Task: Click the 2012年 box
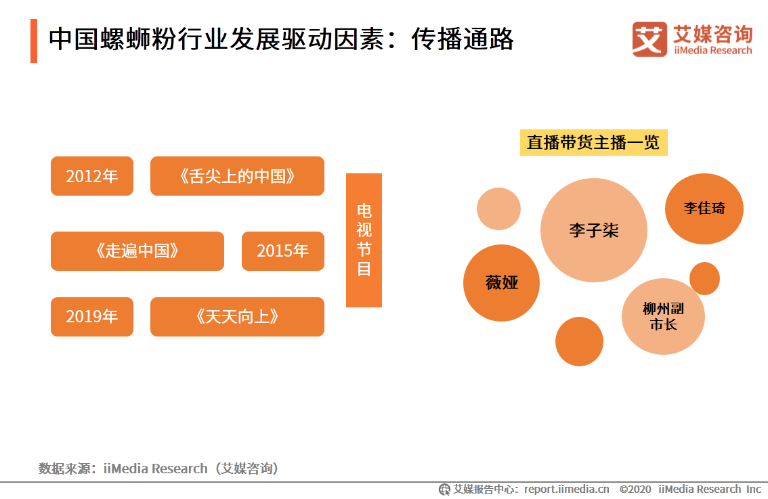92,176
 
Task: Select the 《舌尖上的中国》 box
237,176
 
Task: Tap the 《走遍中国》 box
137,251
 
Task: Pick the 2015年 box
282,251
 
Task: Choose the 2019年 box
92,317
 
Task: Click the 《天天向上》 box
237,317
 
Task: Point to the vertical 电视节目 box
364,240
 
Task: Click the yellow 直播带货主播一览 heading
593,143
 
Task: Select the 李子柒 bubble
593,230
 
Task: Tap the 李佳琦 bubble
704,209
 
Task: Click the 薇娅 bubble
501,283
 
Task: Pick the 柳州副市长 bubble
663,316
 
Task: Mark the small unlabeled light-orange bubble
498,209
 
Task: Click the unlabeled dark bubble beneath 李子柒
579,341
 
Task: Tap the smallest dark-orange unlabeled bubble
704,278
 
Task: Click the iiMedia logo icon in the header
649,39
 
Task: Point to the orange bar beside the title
34,41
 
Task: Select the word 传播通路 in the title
463,40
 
